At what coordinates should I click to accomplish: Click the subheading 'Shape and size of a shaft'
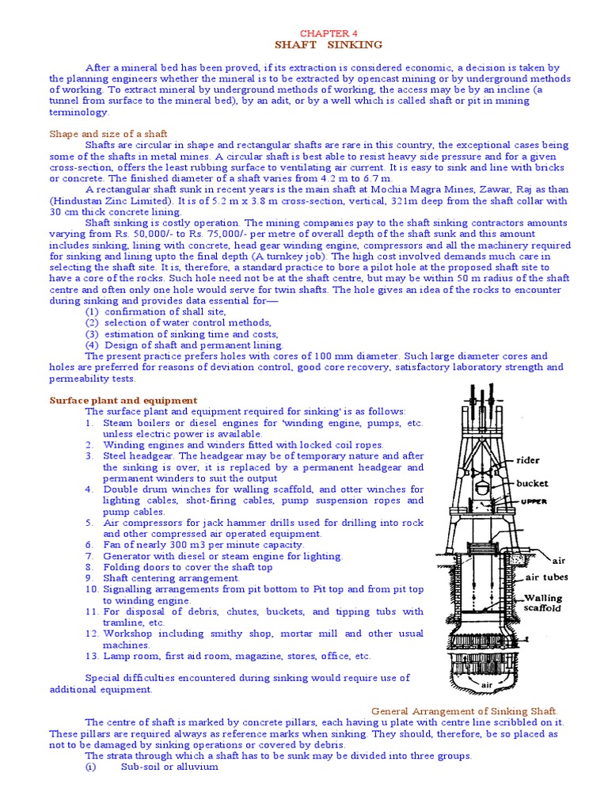click(108, 133)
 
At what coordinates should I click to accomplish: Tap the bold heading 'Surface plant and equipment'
click(123, 400)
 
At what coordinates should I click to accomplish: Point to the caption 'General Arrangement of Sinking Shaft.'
click(465, 710)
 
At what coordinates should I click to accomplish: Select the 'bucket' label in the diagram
click(531, 482)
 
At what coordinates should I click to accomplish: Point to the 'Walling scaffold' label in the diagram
click(544, 604)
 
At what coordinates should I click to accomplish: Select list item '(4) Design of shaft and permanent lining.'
click(184, 345)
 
